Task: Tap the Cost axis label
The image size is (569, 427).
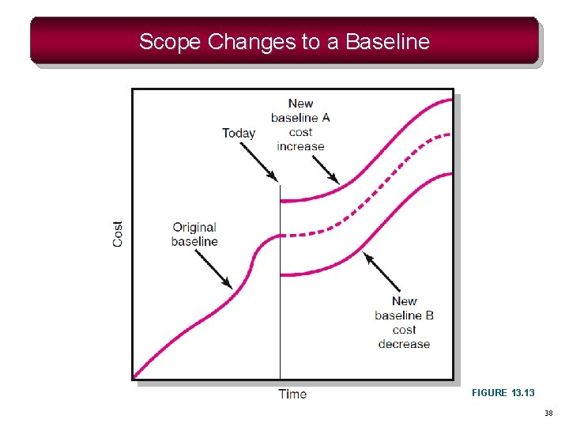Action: (x=118, y=233)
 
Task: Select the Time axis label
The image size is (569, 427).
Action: (x=292, y=394)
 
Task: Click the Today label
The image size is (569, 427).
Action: (x=238, y=133)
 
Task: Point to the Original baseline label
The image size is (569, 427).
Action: (x=194, y=235)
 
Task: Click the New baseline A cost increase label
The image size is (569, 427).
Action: (x=300, y=125)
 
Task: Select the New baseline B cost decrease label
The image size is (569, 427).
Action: (x=404, y=323)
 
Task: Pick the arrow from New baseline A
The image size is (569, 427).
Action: (x=326, y=168)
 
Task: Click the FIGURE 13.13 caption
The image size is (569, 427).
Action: (x=503, y=392)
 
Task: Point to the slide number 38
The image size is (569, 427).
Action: (x=548, y=414)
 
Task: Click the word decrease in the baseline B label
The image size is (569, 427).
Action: (x=404, y=344)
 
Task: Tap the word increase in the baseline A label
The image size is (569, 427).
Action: (x=300, y=146)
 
